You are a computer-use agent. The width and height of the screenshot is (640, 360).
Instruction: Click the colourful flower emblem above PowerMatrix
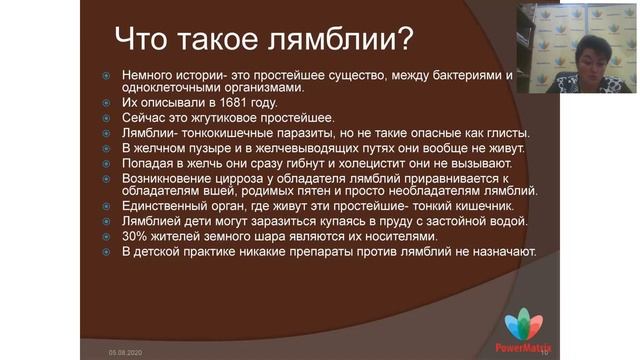tap(523, 326)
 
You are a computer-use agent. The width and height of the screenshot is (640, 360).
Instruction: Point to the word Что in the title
tap(145, 39)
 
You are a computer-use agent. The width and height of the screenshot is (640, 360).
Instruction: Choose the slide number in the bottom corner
tap(545, 352)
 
